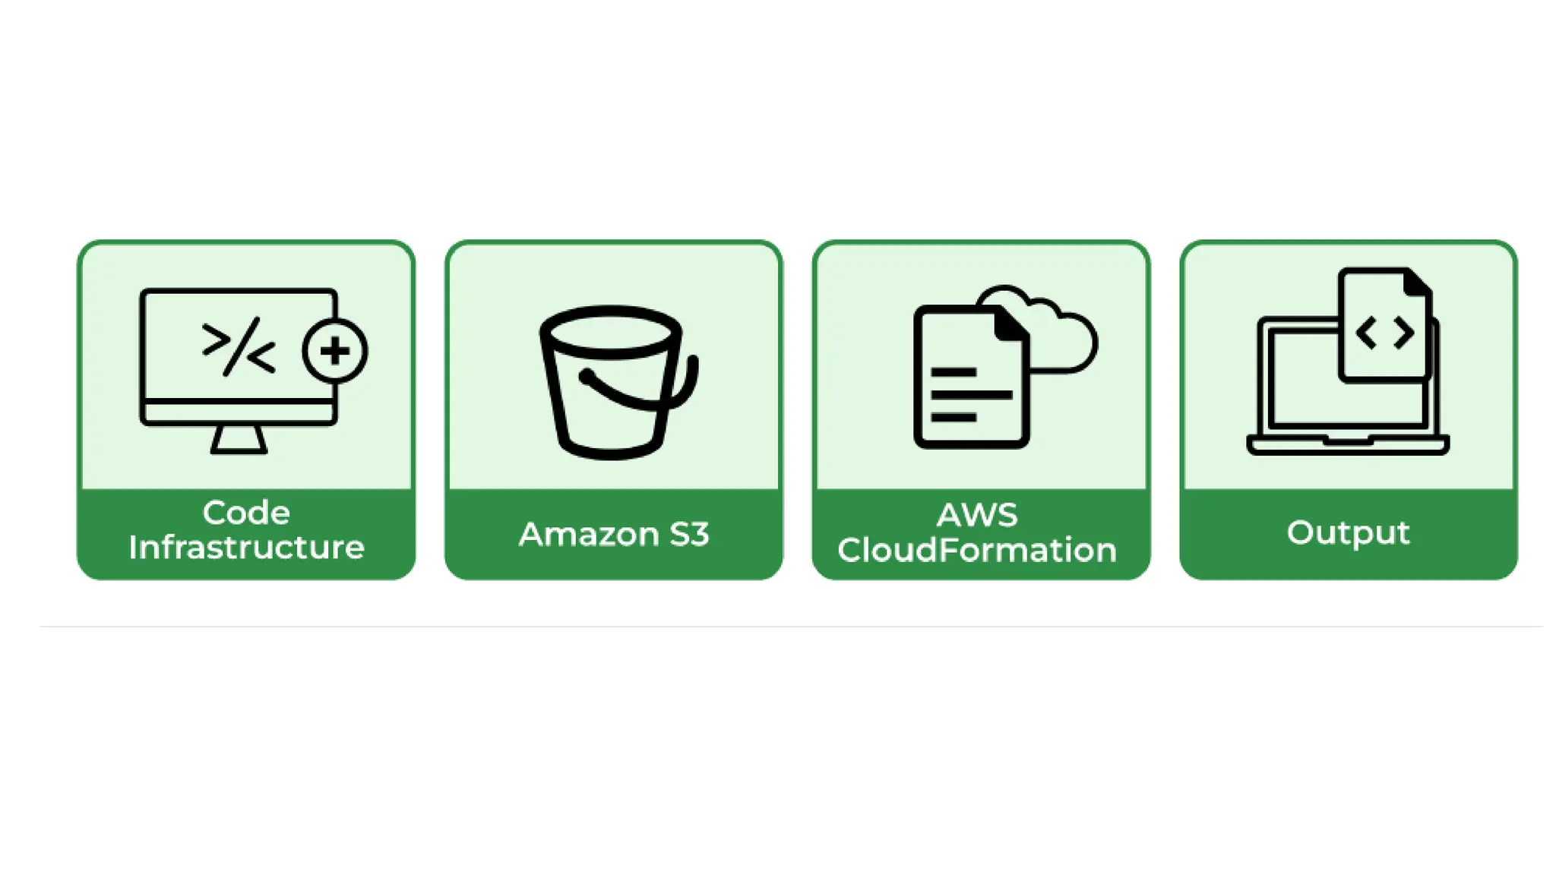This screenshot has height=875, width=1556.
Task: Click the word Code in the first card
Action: (246, 513)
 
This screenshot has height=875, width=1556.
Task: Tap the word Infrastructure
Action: (246, 548)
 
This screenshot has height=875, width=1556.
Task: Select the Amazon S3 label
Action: (614, 534)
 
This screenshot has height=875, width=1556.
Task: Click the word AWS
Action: (977, 515)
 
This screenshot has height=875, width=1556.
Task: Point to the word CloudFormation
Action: (977, 550)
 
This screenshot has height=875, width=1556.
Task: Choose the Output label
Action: (1348, 532)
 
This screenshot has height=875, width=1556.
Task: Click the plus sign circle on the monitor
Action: (335, 351)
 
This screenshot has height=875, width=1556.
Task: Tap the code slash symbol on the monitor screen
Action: (239, 347)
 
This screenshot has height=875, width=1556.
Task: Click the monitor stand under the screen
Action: (239, 440)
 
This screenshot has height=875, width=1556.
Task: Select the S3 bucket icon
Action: (612, 384)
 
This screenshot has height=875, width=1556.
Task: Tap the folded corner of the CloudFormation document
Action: (1011, 325)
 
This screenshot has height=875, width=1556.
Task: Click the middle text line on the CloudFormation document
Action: (971, 395)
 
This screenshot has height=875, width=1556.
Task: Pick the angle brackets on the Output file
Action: (1384, 333)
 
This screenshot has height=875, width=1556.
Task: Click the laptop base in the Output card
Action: (1348, 445)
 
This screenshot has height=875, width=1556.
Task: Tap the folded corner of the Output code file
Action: (1417, 283)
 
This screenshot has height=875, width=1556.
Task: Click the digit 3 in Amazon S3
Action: (699, 534)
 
